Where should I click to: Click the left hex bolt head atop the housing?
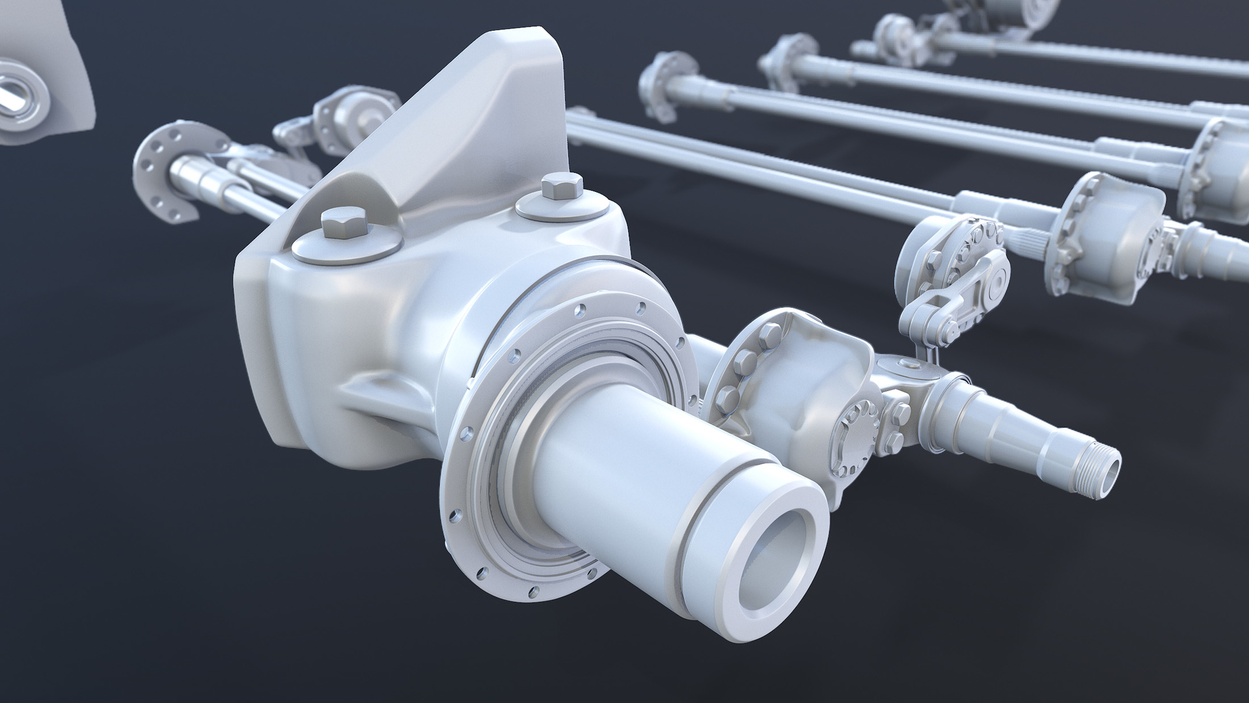click(x=344, y=225)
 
